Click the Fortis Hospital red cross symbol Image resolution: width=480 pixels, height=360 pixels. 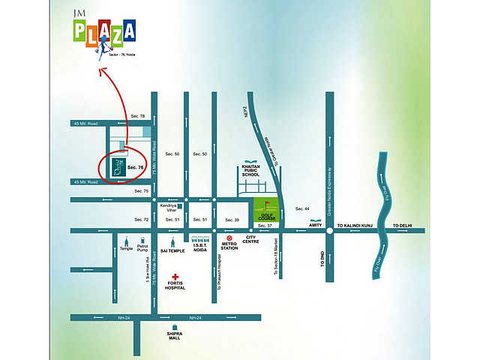(x=175, y=277)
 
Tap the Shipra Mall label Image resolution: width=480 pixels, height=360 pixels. (x=175, y=336)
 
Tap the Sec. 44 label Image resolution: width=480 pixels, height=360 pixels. (x=302, y=208)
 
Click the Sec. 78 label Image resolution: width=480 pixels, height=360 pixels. (x=136, y=116)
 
